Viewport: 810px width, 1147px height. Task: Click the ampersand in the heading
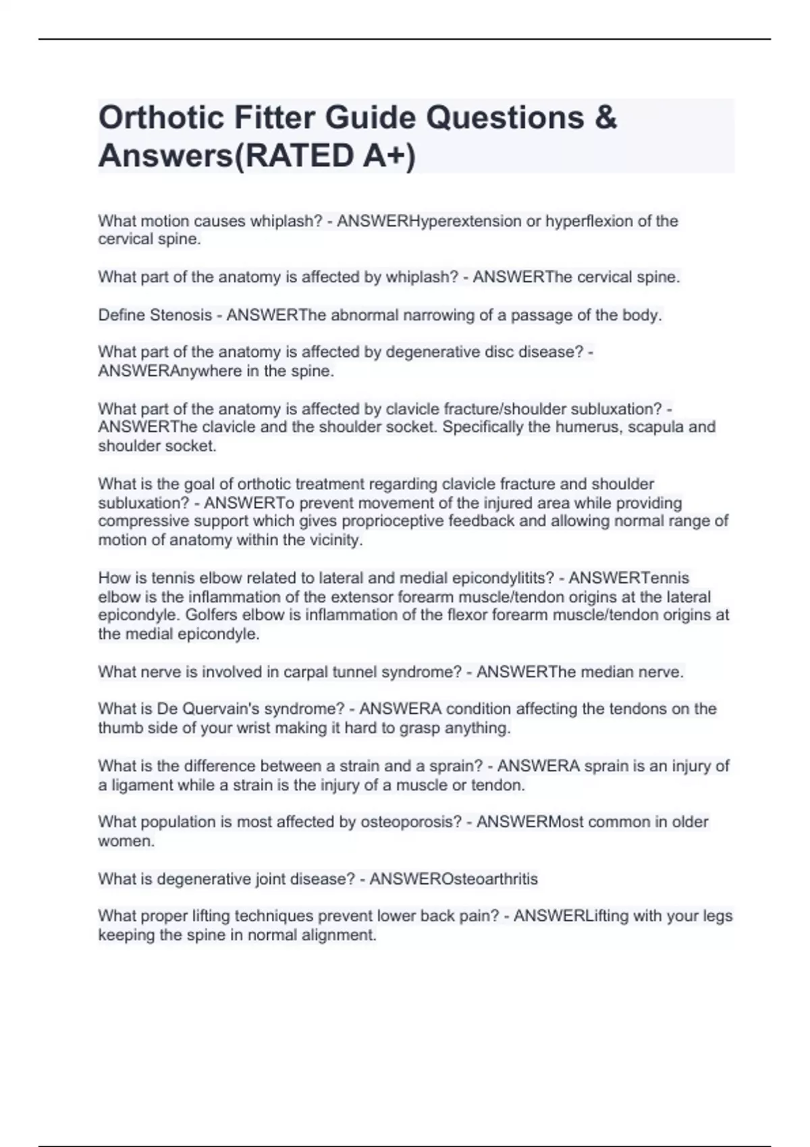[607, 118]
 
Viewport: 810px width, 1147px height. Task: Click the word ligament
[141, 785]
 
